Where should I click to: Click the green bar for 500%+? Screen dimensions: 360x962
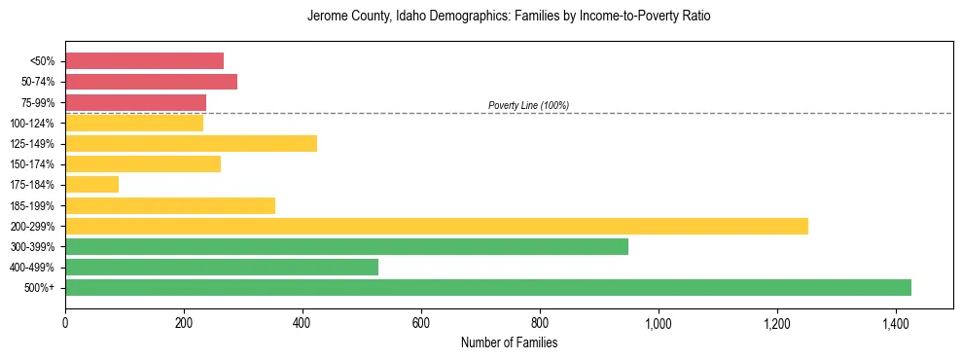487,287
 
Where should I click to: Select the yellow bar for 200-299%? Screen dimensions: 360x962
436,226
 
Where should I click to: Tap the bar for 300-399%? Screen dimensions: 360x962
346,246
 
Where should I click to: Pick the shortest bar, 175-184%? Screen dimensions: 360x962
91,184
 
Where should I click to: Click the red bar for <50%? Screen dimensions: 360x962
144,60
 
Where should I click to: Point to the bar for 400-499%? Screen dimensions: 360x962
221,267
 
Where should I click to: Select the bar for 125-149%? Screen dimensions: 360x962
191,143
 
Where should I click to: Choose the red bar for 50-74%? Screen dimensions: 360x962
151,82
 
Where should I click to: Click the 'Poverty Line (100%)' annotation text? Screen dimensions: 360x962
528,105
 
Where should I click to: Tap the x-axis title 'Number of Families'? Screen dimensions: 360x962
509,342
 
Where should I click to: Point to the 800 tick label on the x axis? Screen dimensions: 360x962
540,323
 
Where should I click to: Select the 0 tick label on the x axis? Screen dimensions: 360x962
65,323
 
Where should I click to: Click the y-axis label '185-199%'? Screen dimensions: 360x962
32,205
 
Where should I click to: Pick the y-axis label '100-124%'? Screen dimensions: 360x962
32,123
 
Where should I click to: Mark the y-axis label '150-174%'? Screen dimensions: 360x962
32,164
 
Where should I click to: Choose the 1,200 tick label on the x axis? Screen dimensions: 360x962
777,323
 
